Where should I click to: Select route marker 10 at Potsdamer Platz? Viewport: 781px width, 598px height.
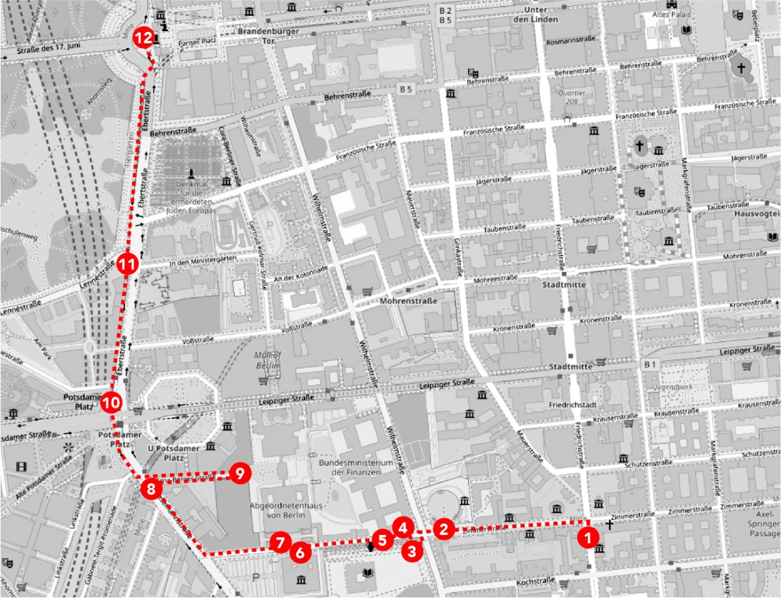click(x=111, y=403)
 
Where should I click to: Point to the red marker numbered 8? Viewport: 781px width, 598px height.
click(x=150, y=489)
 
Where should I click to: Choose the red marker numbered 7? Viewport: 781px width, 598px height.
click(x=281, y=542)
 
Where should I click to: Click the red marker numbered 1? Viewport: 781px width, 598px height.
click(x=588, y=537)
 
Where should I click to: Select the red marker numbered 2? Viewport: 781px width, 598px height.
click(x=445, y=528)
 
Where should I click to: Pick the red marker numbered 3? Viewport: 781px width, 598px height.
click(x=412, y=552)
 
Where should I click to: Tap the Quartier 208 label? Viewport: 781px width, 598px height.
click(x=572, y=97)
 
